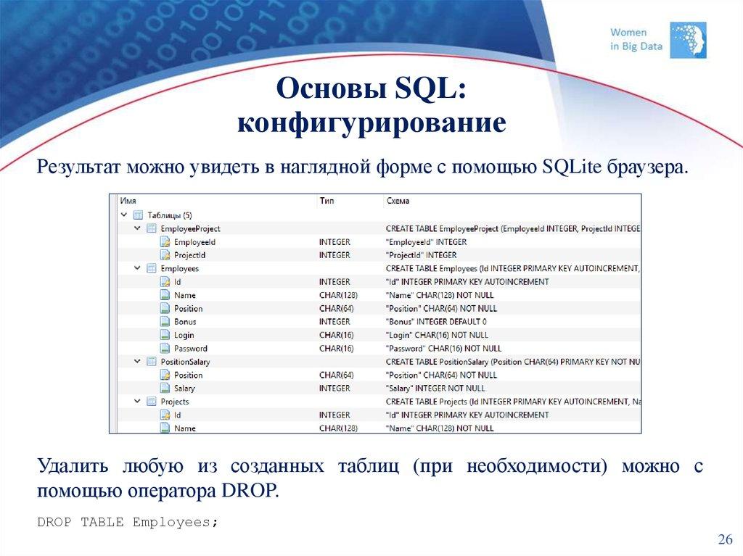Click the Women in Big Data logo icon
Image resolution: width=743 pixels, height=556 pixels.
(x=688, y=40)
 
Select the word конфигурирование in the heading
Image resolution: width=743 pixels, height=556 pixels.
(x=371, y=123)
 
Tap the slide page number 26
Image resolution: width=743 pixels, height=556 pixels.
(x=725, y=539)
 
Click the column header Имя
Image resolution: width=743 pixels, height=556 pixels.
(x=128, y=201)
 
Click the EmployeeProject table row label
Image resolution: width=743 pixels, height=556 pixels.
(x=190, y=228)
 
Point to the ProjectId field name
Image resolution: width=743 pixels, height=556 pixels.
(x=189, y=255)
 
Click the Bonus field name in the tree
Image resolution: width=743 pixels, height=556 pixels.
(x=185, y=321)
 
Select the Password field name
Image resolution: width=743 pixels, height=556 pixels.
(x=190, y=348)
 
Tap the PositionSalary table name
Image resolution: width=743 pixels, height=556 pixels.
(x=185, y=361)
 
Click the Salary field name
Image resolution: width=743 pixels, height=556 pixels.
(x=184, y=388)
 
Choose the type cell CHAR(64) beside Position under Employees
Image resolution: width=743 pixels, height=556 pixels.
(x=337, y=308)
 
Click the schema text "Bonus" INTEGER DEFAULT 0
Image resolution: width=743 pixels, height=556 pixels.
(x=436, y=321)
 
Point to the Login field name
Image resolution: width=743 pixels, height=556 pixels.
(x=184, y=335)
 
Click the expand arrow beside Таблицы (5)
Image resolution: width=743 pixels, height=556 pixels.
(x=124, y=215)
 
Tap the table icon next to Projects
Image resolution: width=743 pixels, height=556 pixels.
(x=151, y=401)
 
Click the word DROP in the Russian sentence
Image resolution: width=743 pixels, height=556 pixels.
(x=246, y=491)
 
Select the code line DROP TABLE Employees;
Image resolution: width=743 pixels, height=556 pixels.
(x=128, y=522)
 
